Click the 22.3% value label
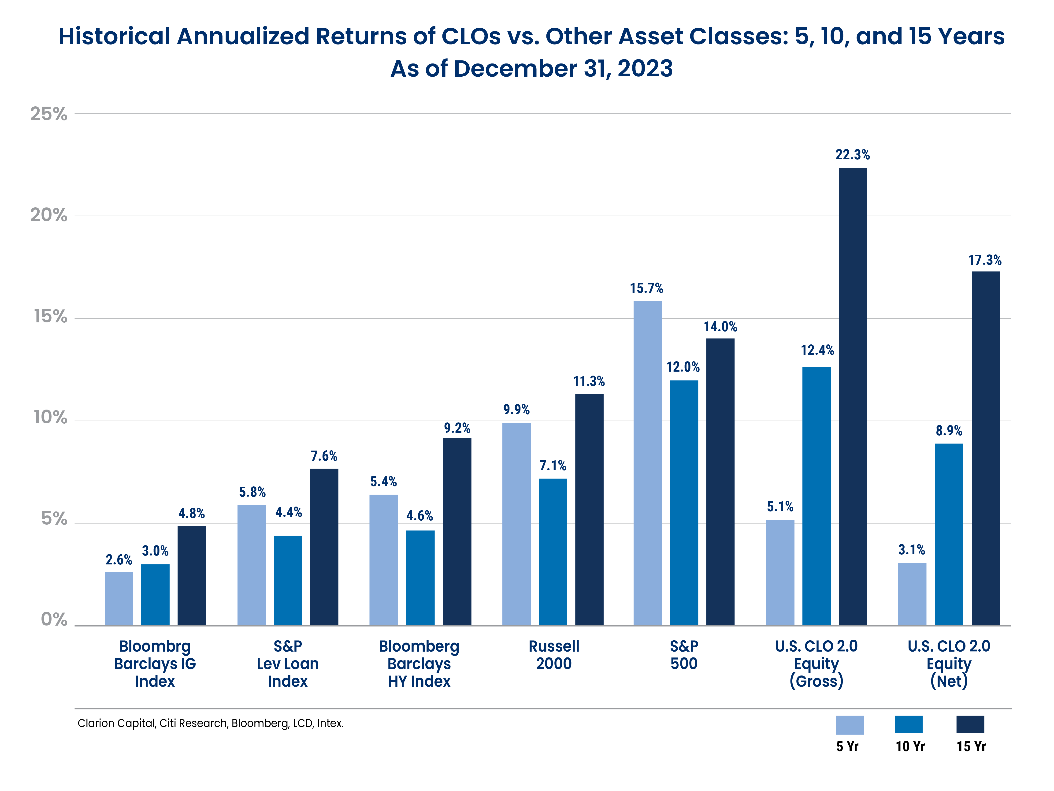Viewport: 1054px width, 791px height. pos(852,155)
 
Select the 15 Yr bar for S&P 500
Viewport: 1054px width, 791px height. pos(720,481)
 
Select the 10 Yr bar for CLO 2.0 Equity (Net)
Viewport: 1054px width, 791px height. pos(949,534)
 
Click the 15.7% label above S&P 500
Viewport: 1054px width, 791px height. pos(646,288)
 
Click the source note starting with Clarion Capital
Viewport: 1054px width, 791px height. pos(210,723)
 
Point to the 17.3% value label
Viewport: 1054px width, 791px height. pos(984,260)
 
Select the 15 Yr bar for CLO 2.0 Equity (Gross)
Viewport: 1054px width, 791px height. pos(852,396)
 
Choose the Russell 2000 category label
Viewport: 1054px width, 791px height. pos(554,655)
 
